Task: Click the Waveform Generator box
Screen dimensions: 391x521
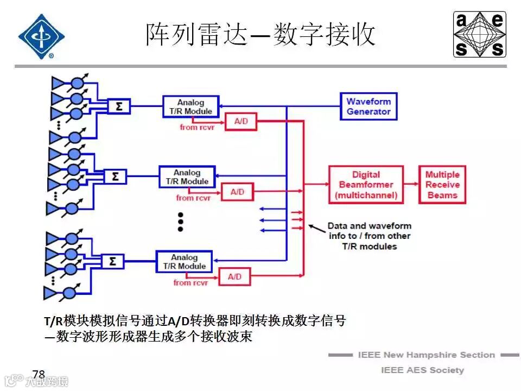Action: tap(368, 106)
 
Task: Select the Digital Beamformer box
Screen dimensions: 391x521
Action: tap(366, 185)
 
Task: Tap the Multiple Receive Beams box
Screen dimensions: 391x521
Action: tap(442, 185)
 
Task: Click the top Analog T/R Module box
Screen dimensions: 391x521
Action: tap(190, 106)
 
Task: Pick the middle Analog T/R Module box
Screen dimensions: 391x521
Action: tap(187, 177)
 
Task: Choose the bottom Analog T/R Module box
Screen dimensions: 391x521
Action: tap(184, 262)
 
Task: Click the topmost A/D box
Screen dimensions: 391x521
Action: tap(241, 122)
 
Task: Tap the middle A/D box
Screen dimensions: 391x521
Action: tap(237, 192)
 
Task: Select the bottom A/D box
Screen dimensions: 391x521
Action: tap(234, 277)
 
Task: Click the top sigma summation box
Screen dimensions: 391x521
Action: tap(119, 106)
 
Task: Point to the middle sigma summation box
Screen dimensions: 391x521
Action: tap(115, 176)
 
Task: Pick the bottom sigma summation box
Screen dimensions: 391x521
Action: tap(112, 261)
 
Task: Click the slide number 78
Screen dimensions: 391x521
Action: tap(39, 374)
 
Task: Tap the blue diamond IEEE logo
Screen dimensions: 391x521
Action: tap(41, 36)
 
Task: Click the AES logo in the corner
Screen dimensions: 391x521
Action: tap(480, 34)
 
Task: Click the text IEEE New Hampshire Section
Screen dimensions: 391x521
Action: tap(426, 355)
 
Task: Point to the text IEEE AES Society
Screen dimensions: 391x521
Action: tap(422, 370)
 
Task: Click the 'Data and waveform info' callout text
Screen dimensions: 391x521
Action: tap(369, 236)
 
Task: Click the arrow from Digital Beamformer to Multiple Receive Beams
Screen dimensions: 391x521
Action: tap(411, 185)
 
